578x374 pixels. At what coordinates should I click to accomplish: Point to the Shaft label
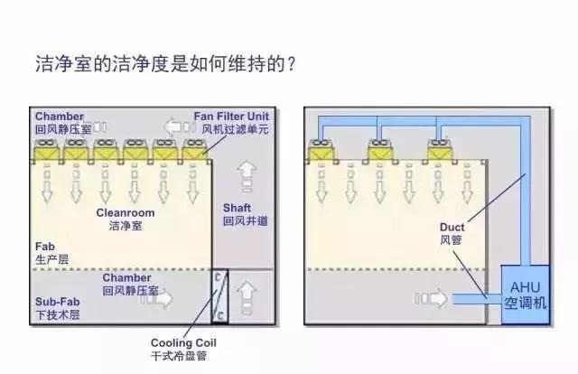click(246, 214)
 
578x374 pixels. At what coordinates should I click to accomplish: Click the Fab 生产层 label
click(51, 252)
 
